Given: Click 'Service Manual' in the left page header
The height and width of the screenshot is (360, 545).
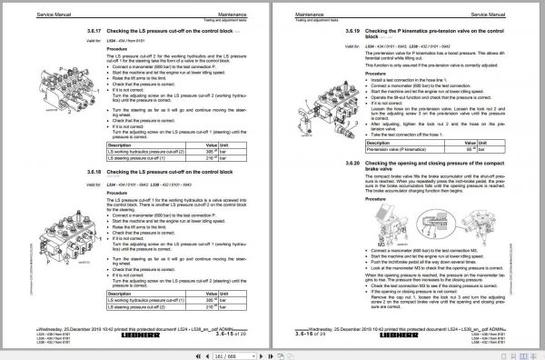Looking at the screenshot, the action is [x=56, y=9].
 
